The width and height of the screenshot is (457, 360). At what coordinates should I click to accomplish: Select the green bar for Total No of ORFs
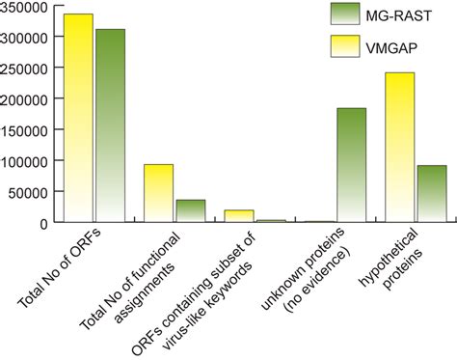coord(110,125)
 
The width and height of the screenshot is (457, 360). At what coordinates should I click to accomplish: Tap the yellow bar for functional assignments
coord(159,193)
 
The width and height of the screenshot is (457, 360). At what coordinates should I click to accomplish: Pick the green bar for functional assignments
coord(190,210)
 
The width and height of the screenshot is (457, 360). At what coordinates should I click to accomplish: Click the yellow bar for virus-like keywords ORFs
coord(239,216)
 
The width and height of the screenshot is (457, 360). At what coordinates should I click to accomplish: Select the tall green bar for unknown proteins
coord(351,165)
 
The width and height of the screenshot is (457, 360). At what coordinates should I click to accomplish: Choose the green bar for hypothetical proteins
coord(431,193)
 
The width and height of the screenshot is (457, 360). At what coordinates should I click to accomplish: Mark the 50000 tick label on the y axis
coord(28,192)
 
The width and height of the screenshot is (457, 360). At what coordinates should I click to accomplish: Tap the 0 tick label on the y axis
coord(44,223)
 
